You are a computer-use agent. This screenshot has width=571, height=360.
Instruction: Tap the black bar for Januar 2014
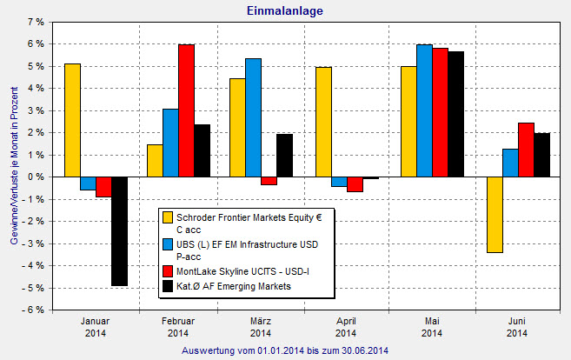pyautogui.click(x=119, y=231)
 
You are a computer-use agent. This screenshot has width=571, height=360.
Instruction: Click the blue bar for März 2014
pyautogui.click(x=253, y=117)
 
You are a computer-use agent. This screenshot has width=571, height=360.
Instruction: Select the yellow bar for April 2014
pyautogui.click(x=323, y=122)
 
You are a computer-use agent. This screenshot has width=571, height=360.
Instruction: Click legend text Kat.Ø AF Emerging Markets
pyautogui.click(x=234, y=285)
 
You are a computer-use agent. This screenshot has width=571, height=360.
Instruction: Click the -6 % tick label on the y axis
pyautogui.click(x=33, y=310)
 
